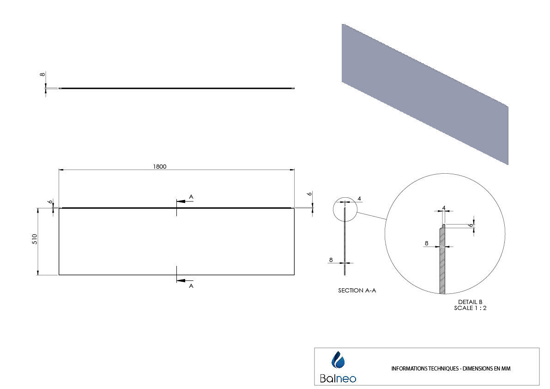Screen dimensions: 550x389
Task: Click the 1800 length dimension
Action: tap(160, 167)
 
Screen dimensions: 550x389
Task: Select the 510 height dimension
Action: tap(35, 239)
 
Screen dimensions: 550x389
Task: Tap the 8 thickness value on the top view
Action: tap(42, 74)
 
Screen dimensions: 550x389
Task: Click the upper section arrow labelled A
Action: tap(185, 201)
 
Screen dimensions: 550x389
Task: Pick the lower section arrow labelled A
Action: tap(185, 280)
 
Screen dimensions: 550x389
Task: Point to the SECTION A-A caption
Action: tap(357, 291)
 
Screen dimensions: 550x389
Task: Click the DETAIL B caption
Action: tap(470, 302)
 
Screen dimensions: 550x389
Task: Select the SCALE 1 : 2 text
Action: tap(470, 308)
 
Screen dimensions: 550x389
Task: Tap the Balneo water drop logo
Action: tap(338, 360)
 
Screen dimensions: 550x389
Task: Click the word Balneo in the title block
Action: tap(338, 378)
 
